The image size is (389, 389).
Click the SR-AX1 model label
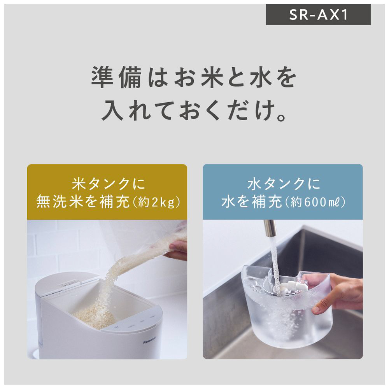319,15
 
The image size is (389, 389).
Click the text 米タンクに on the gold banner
109,184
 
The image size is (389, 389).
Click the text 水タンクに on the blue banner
284,184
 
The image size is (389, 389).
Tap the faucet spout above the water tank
270,228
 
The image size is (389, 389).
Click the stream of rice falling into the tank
119,275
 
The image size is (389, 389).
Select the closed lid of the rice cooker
65,285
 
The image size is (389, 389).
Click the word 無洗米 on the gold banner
59,202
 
